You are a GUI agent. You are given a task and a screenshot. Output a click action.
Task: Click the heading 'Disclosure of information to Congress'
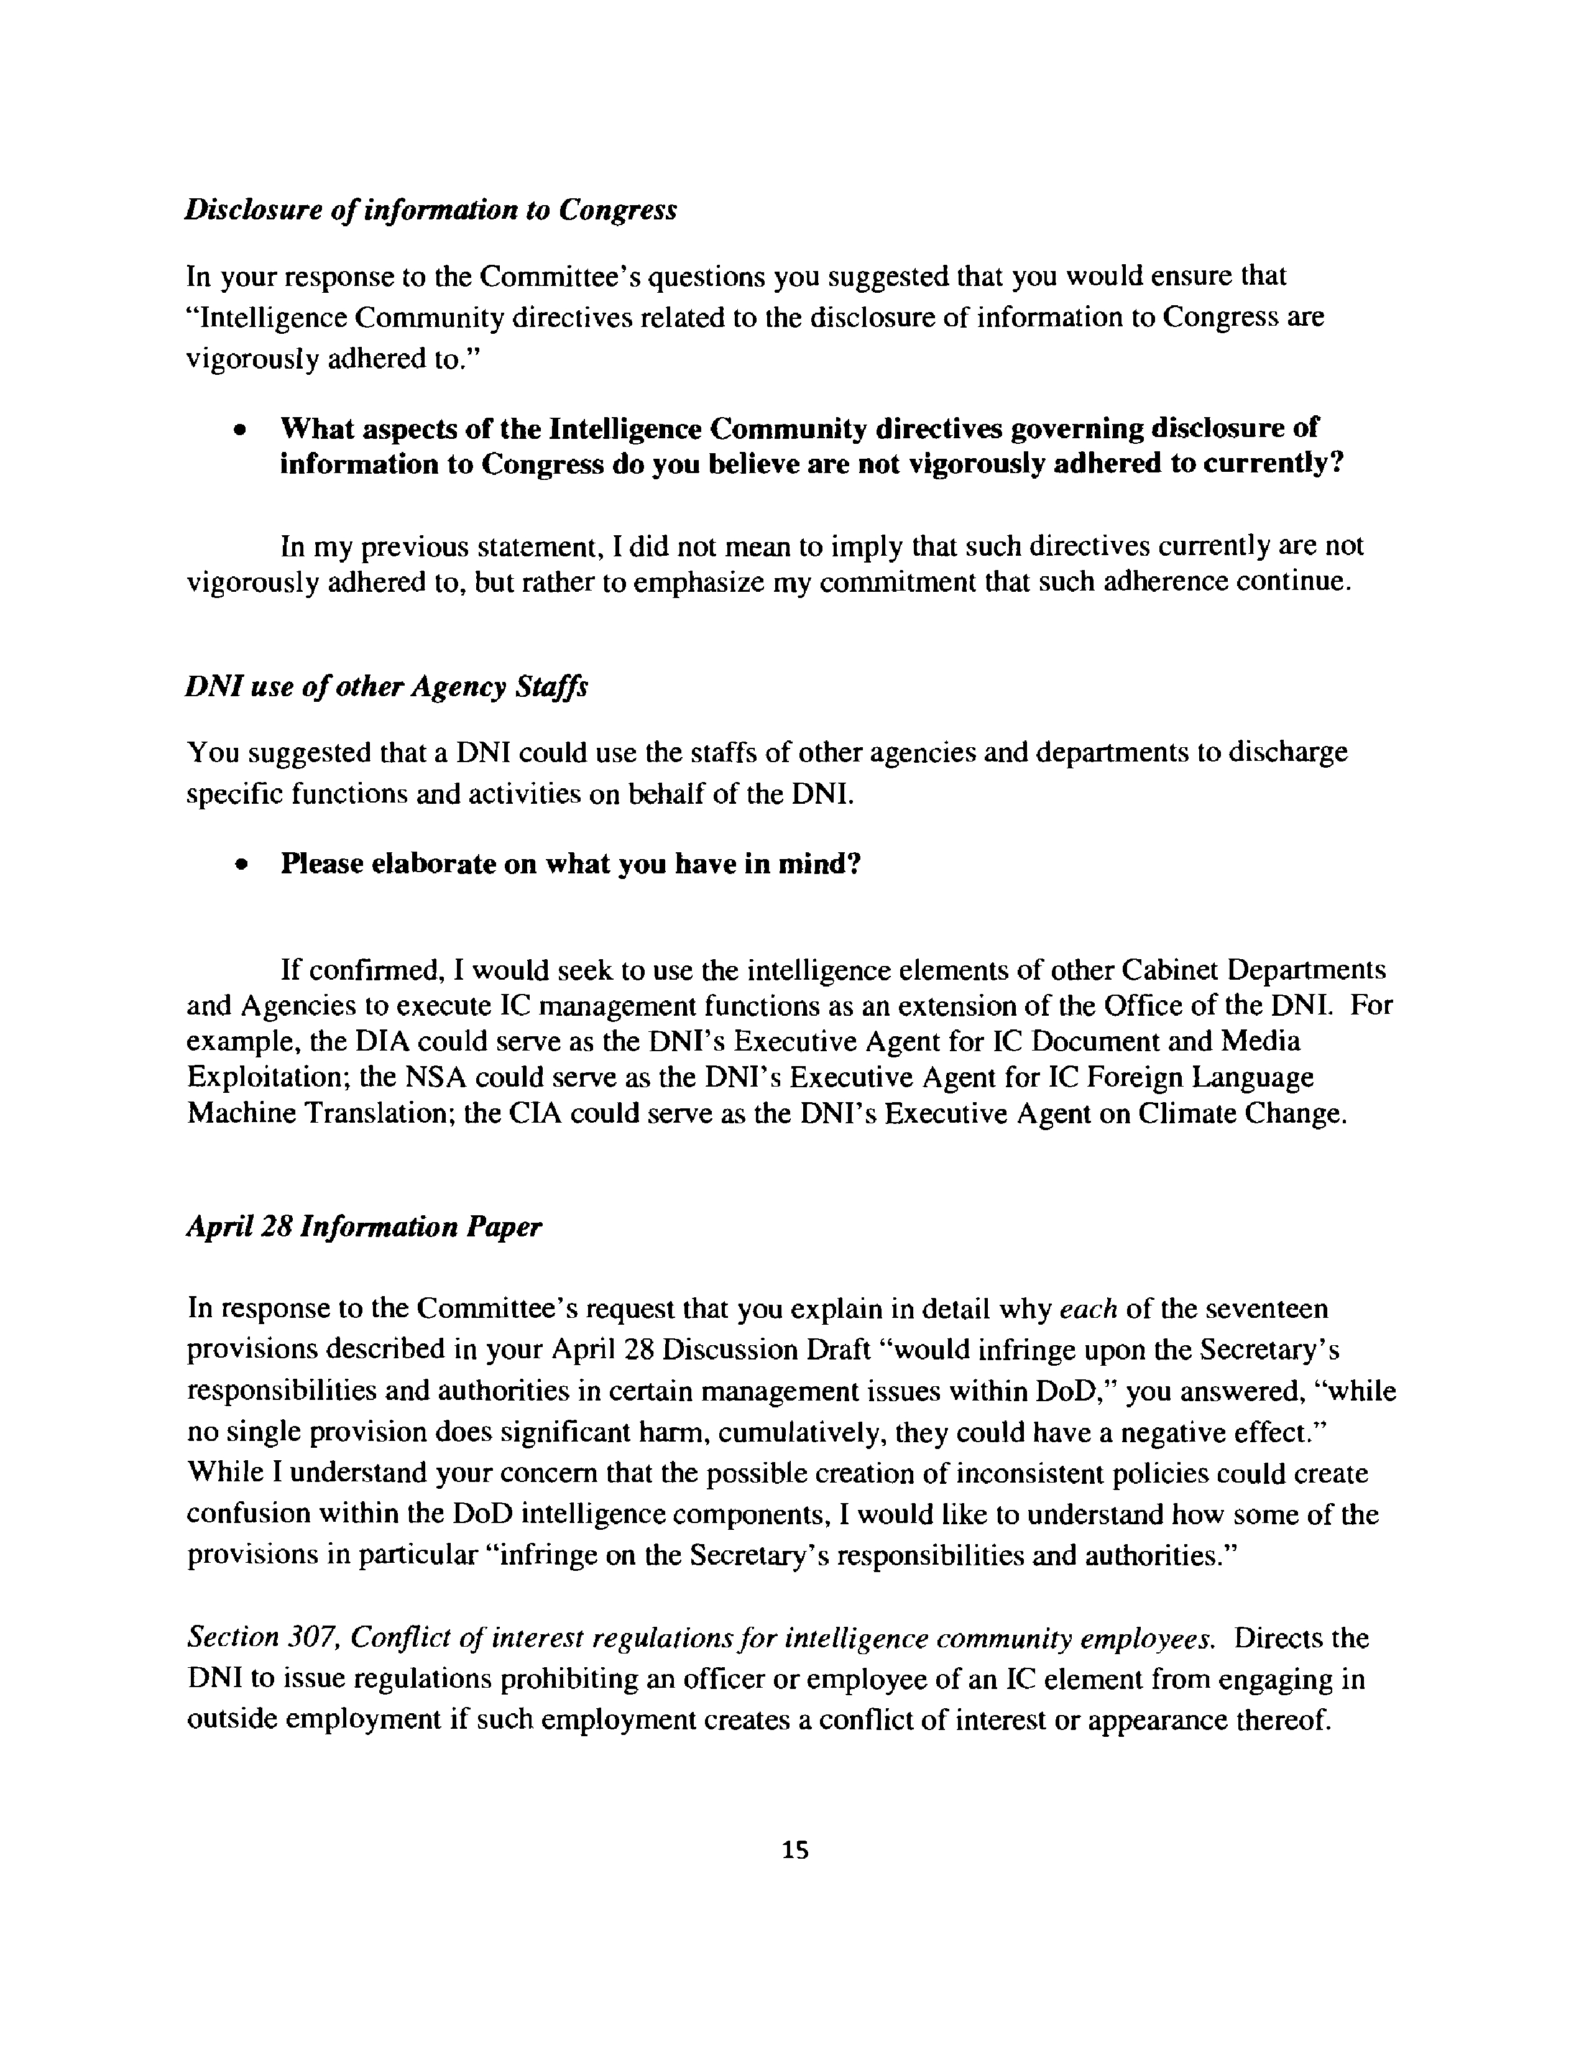[x=430, y=209]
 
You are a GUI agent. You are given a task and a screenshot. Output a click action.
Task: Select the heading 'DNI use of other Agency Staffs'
[x=386, y=687]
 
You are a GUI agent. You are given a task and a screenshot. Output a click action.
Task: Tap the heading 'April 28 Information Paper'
[x=364, y=1227]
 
